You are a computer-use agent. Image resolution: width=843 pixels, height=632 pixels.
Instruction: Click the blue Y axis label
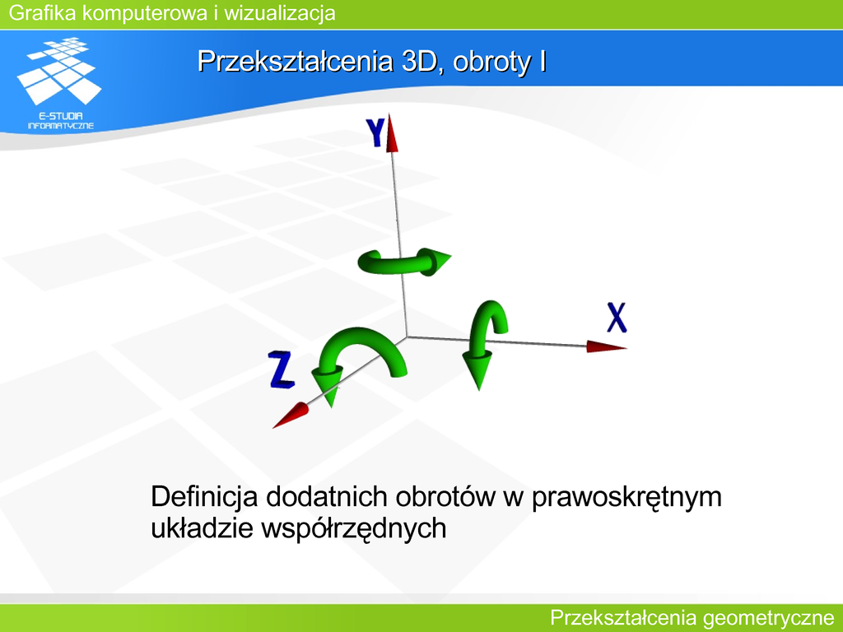click(x=375, y=132)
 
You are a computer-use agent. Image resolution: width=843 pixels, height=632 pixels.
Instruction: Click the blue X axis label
click(x=617, y=318)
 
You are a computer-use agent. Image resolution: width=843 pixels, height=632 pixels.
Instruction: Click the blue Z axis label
click(x=282, y=369)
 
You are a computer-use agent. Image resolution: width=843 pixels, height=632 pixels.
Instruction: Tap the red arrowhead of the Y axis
click(x=392, y=132)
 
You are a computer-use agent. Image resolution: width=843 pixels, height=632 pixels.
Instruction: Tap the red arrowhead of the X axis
click(x=606, y=346)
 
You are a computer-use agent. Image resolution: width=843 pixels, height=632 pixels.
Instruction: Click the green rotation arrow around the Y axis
click(x=403, y=263)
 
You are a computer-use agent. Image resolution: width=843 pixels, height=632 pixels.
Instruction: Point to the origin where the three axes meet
click(x=407, y=337)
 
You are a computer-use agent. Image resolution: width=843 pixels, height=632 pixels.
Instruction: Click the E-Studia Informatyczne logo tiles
click(x=59, y=70)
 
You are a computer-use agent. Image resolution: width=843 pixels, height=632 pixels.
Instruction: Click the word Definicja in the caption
click(x=204, y=496)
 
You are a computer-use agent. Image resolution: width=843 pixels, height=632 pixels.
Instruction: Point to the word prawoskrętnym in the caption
click(x=626, y=498)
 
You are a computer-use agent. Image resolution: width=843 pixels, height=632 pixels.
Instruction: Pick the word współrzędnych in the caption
click(x=354, y=529)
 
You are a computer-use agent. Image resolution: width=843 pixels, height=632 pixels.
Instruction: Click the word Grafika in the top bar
click(x=43, y=12)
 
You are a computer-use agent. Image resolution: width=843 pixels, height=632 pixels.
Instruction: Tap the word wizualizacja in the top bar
click(x=280, y=13)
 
